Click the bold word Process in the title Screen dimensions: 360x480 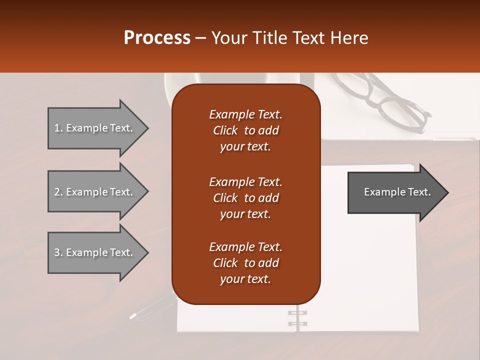pos(157,38)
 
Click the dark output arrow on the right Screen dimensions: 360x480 pos(395,192)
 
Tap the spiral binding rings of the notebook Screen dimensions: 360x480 pos(297,318)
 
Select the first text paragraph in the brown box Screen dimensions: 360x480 pos(245,130)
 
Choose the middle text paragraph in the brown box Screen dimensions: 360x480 pos(245,198)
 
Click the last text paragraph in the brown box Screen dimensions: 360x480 pos(245,263)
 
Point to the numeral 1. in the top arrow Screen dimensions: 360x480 pos(58,128)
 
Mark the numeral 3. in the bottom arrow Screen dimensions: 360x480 pos(58,252)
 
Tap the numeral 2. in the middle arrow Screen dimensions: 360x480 pos(58,192)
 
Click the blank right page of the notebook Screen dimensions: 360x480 pos(370,270)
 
